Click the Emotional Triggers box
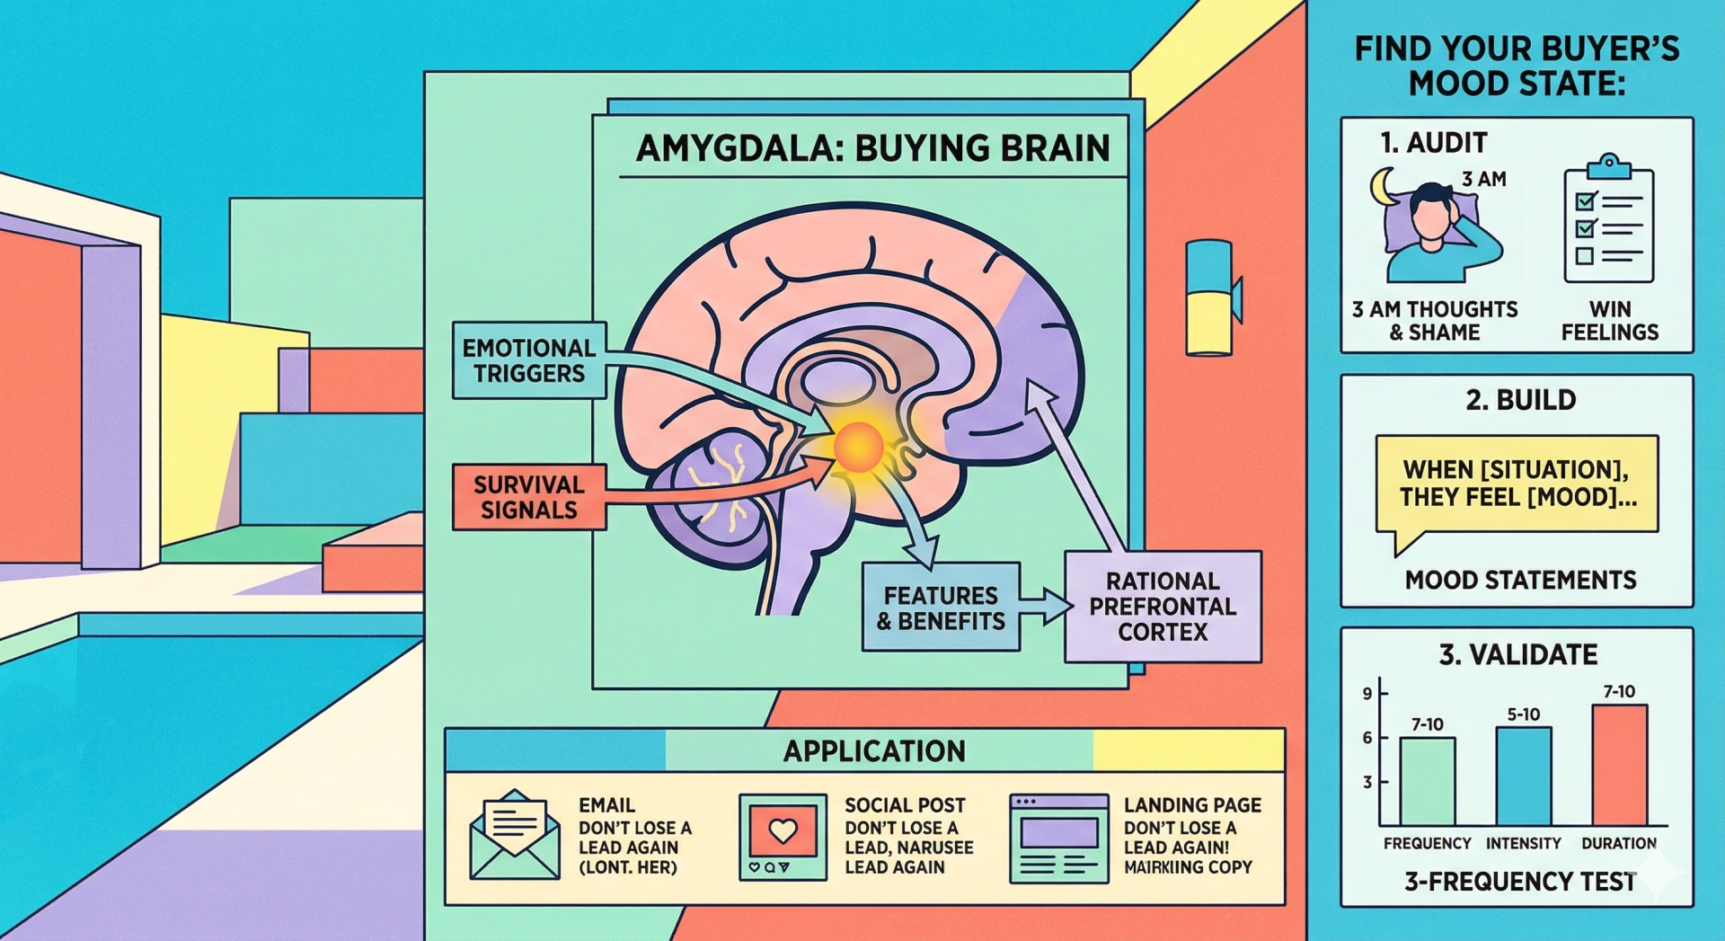[x=528, y=360]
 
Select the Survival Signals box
[x=528, y=497]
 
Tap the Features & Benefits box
[x=941, y=608]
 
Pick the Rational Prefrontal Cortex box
[x=1163, y=607]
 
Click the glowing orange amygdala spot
[x=858, y=447]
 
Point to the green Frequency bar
[x=1427, y=781]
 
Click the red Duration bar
[x=1619, y=765]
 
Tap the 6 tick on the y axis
[x=1368, y=738]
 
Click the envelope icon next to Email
[x=515, y=835]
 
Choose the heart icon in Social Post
[x=783, y=830]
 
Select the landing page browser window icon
[x=1058, y=838]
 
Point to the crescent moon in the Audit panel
[x=1381, y=186]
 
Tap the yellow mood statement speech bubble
[x=1517, y=484]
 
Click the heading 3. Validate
[x=1518, y=654]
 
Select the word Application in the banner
[x=874, y=750]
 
